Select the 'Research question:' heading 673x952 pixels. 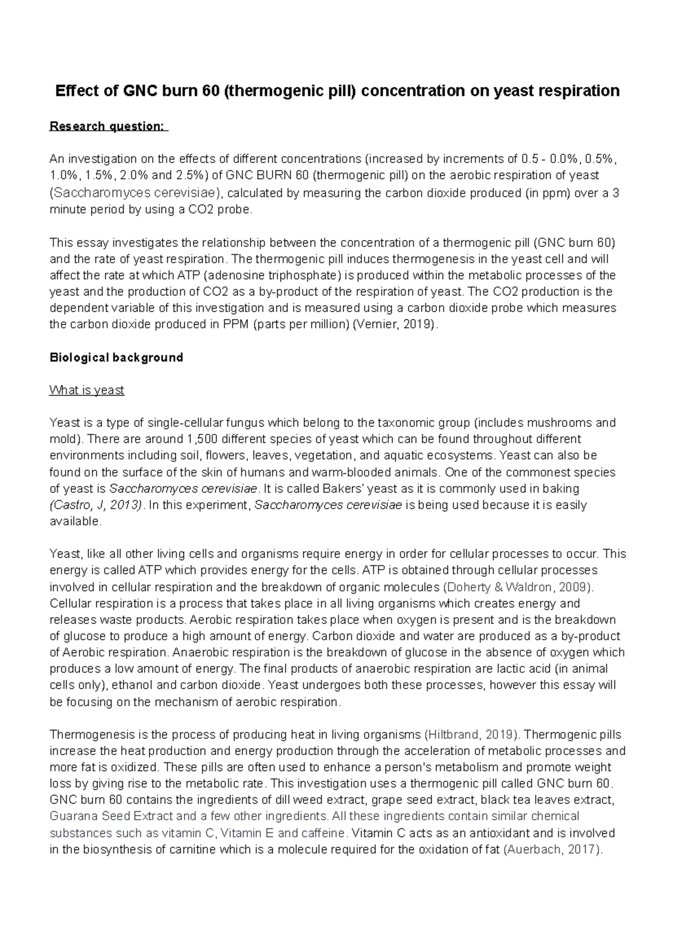(x=108, y=126)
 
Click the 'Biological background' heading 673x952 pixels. (x=116, y=357)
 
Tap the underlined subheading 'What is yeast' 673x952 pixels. (x=86, y=390)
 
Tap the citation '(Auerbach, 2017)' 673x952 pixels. (x=554, y=849)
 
